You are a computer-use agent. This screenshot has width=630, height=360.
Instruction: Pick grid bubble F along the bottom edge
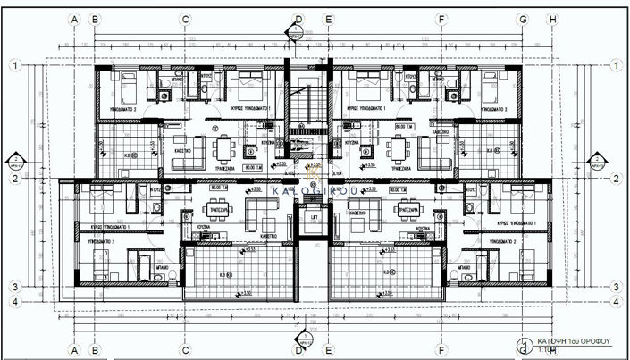[441, 349]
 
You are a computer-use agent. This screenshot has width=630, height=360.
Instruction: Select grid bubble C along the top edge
[185, 18]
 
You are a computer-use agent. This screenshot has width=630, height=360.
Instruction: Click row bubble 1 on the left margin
[15, 65]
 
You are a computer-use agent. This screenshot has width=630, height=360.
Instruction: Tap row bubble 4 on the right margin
[617, 301]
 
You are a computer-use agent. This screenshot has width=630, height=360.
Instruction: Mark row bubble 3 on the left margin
[15, 286]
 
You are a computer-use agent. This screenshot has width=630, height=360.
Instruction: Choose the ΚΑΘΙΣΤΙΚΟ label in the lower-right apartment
[358, 214]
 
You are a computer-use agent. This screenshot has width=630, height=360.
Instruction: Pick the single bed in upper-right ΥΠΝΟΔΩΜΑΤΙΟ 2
[493, 88]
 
